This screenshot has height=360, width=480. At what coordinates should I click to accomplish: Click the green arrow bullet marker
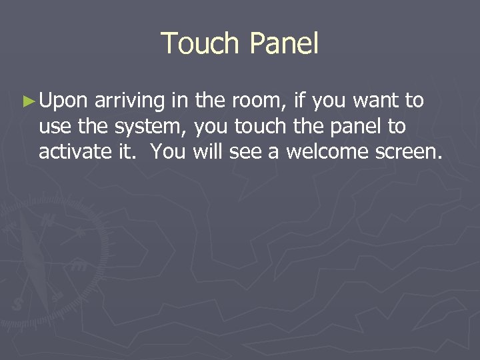27,101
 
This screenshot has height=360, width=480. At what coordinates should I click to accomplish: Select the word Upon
63,102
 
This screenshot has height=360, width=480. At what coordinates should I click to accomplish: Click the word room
255,101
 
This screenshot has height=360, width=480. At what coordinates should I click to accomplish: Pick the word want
377,101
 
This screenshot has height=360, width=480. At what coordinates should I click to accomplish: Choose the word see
245,153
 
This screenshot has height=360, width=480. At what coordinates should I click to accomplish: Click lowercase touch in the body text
261,127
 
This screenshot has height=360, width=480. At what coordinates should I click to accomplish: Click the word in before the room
181,101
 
